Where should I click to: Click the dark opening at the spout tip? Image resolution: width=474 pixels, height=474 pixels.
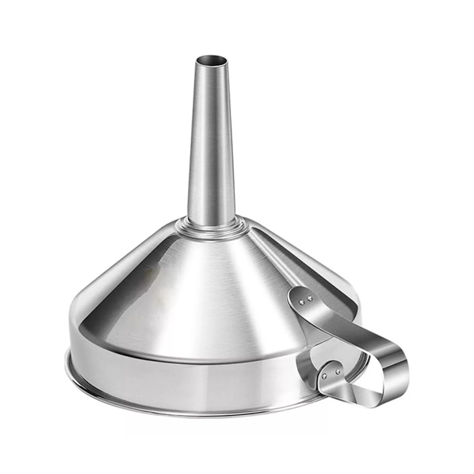(x=211, y=59)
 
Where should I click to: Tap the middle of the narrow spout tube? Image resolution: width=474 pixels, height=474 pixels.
(x=210, y=140)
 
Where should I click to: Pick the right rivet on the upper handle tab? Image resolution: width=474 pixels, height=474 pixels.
(x=310, y=299)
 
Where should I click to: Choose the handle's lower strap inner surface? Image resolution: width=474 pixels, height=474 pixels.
(x=360, y=395)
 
